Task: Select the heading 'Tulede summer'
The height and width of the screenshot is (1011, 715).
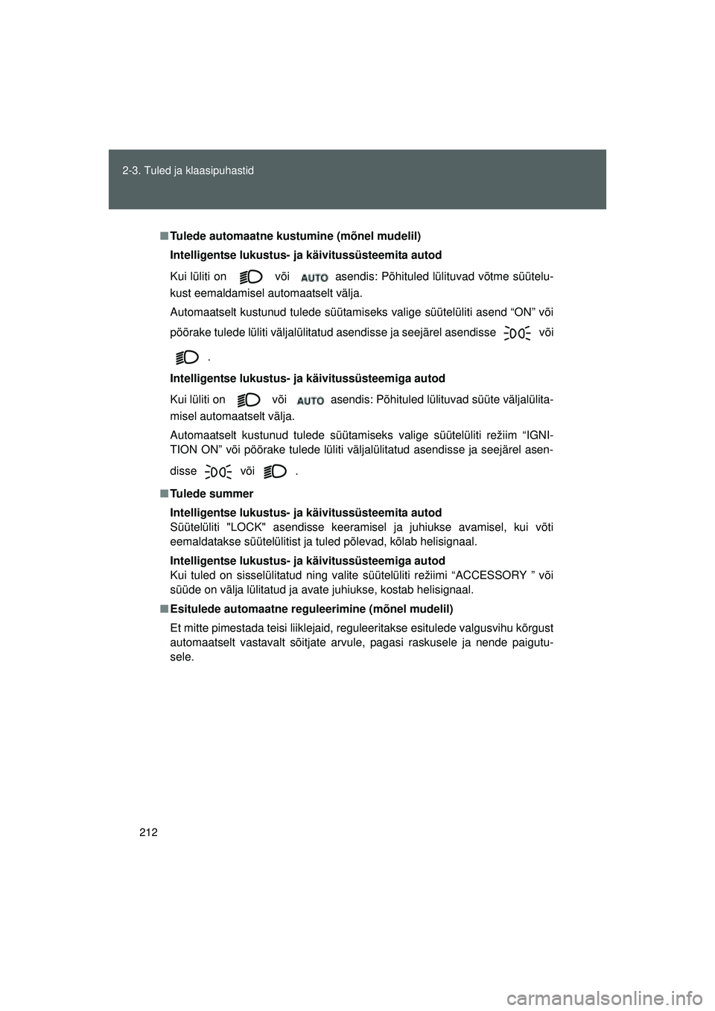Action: [x=212, y=494]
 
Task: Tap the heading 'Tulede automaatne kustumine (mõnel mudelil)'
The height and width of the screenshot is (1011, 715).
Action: [x=296, y=236]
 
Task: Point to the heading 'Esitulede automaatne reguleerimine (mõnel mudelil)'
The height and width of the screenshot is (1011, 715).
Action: [x=311, y=608]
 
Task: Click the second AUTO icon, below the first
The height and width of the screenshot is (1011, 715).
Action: [x=310, y=400]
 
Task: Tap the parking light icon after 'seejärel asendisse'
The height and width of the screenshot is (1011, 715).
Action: [x=517, y=334]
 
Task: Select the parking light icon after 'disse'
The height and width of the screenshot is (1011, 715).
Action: [x=218, y=471]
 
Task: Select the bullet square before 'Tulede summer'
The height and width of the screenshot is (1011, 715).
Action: [x=162, y=494]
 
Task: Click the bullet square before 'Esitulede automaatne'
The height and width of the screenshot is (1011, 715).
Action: [x=162, y=608]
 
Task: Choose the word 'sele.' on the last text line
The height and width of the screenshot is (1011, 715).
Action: [x=182, y=657]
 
